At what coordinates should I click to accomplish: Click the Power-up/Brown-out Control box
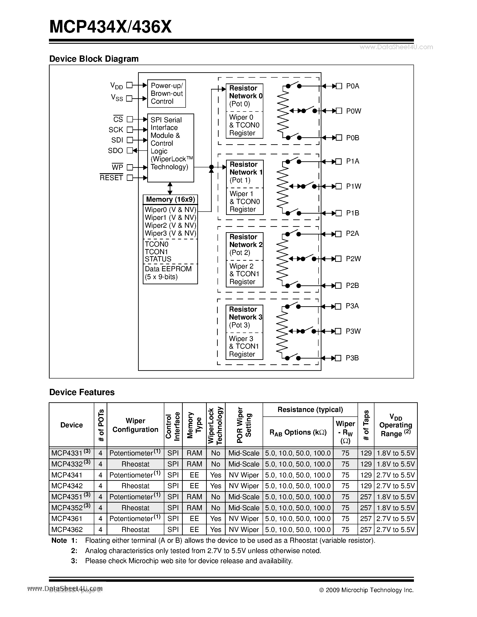pyautogui.click(x=166, y=94)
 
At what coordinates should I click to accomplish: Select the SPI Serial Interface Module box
pyautogui.click(x=170, y=148)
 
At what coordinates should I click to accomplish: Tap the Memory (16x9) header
pyautogui.click(x=170, y=199)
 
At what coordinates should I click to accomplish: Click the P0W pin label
pyautogui.click(x=354, y=111)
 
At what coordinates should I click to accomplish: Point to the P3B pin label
pyautogui.click(x=352, y=358)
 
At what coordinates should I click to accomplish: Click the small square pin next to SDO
pyautogui.click(x=130, y=151)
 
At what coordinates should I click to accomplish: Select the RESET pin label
pyautogui.click(x=111, y=178)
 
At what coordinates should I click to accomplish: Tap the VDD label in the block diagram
pyautogui.click(x=117, y=86)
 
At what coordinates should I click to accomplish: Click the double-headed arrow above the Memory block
pyautogui.click(x=170, y=188)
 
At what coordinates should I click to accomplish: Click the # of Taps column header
pyautogui.click(x=366, y=425)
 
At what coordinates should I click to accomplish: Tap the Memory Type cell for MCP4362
pyautogui.click(x=194, y=529)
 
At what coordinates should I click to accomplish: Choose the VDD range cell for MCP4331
pyautogui.click(x=396, y=453)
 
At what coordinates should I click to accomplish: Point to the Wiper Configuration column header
pyautogui.click(x=135, y=425)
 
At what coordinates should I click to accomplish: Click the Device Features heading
pyautogui.click(x=82, y=392)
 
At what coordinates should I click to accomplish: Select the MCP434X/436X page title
pyautogui.click(x=110, y=27)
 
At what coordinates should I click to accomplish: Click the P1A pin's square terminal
pyautogui.click(x=339, y=162)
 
